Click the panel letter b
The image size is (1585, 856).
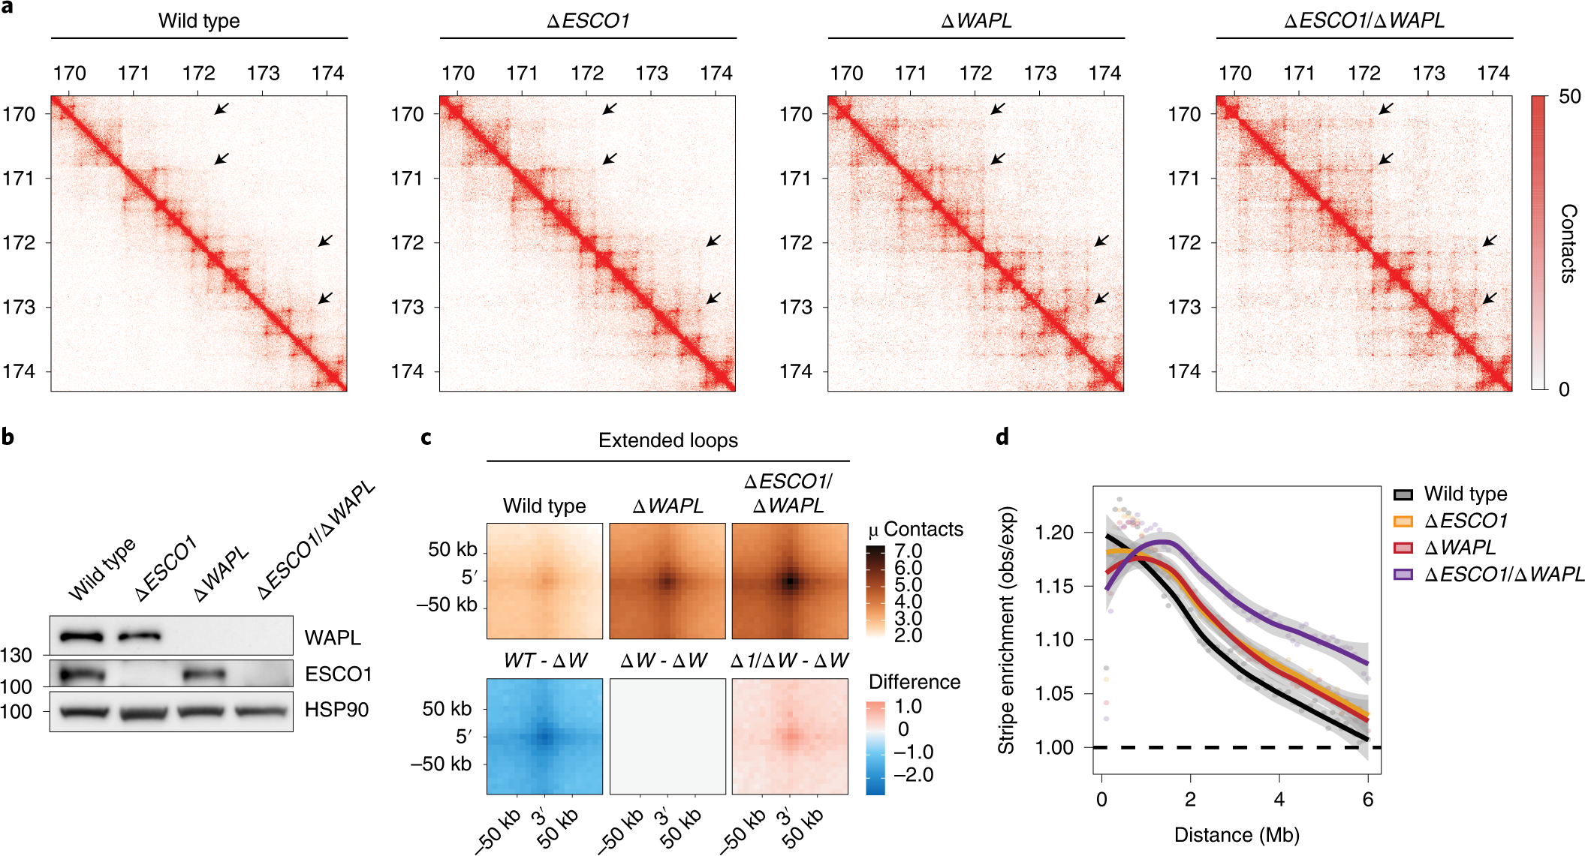click(x=8, y=437)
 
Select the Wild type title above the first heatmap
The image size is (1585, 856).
click(x=199, y=21)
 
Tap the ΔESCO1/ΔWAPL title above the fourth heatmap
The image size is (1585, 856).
click(x=1364, y=21)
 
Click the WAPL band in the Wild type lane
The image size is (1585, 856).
click(x=81, y=638)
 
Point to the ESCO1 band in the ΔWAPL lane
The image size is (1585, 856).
click(x=204, y=674)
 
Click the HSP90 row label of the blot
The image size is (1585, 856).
click(x=336, y=710)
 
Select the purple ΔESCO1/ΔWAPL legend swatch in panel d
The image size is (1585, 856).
click(x=1403, y=575)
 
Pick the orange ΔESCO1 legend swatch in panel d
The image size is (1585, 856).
click(x=1403, y=521)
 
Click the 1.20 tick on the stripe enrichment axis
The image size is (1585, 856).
click(x=1054, y=533)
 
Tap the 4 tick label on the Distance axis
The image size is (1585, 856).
click(x=1279, y=800)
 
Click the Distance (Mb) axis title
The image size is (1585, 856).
click(x=1237, y=835)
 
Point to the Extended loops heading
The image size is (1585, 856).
click(x=667, y=440)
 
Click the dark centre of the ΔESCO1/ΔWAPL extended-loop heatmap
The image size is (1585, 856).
click(x=790, y=581)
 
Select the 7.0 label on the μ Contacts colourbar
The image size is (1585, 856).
click(x=908, y=551)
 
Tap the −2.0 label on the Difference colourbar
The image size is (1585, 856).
click(x=915, y=775)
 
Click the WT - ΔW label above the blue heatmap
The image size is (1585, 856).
click(x=545, y=661)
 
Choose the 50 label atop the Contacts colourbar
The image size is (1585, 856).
click(x=1569, y=97)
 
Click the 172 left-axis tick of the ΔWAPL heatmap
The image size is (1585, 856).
click(x=796, y=242)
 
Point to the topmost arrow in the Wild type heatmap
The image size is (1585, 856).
click(x=221, y=109)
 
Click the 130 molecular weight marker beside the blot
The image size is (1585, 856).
click(x=16, y=656)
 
